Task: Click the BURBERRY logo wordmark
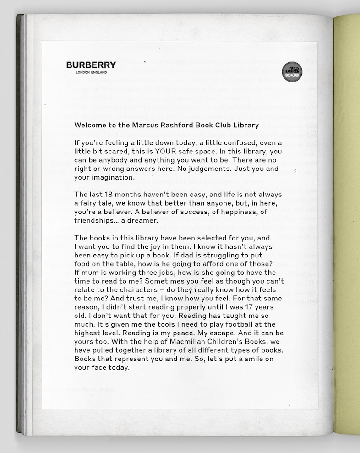[91, 65]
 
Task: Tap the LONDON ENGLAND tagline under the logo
[91, 72]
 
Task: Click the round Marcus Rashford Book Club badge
[292, 72]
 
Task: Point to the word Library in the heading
[246, 125]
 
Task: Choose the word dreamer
[143, 220]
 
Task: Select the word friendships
[94, 220]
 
